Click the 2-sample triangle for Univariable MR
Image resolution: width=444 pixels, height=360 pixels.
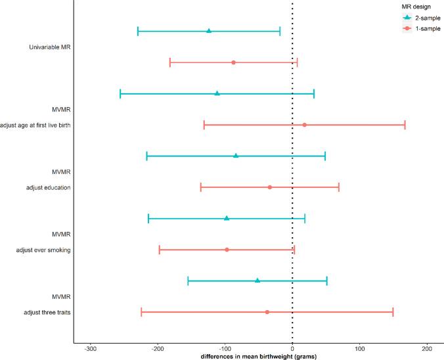click(x=209, y=31)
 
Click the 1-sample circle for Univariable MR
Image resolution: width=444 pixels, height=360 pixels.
click(x=233, y=62)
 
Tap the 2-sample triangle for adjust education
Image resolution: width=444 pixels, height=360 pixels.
click(x=236, y=156)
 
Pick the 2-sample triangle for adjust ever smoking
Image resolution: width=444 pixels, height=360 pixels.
click(x=227, y=218)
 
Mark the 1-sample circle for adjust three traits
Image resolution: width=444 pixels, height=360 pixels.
click(x=267, y=312)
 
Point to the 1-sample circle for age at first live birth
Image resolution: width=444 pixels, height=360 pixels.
click(x=304, y=125)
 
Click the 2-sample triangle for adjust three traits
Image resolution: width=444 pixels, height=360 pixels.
click(x=257, y=281)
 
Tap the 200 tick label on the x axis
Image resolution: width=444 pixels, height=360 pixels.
click(x=427, y=348)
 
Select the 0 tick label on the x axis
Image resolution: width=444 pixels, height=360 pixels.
click(x=292, y=348)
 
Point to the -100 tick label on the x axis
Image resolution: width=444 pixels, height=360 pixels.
click(x=225, y=348)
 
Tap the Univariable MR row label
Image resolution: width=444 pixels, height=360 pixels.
click(x=50, y=47)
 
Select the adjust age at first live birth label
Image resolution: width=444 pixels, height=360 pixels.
click(x=35, y=125)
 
